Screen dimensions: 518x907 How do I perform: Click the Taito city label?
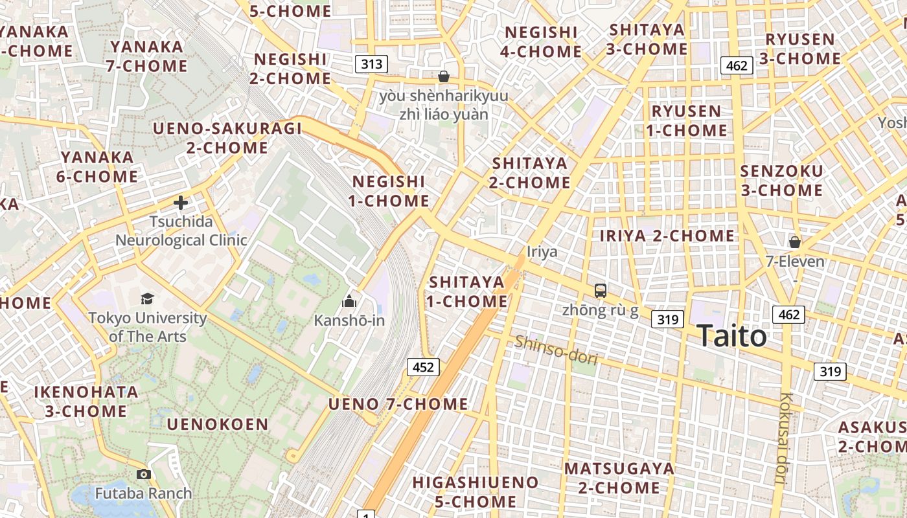[x=732, y=336]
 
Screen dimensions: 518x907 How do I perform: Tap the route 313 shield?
[x=371, y=64]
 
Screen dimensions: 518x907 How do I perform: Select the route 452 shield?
[x=423, y=367]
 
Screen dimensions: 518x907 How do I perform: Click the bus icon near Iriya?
[x=601, y=291]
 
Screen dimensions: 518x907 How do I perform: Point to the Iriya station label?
[x=542, y=251]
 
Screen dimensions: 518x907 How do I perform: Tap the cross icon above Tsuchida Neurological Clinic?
[x=181, y=203]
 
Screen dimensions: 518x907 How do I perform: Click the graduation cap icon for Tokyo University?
[x=148, y=298]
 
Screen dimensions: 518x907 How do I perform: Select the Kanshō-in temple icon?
[x=349, y=301]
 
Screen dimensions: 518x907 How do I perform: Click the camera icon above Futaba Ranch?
[x=144, y=475]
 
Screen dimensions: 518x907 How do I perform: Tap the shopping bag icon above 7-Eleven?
[x=794, y=242]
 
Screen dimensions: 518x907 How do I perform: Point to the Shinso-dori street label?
[x=556, y=350]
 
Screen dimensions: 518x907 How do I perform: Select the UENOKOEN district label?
[x=218, y=425]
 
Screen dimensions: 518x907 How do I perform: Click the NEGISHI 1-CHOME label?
[x=389, y=191]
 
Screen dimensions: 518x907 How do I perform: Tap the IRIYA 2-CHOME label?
[x=667, y=236]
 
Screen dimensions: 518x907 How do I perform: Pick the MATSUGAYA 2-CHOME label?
[x=619, y=478]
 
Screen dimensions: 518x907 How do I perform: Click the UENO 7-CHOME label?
[x=398, y=404]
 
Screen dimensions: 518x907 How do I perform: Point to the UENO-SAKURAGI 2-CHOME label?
[x=227, y=138]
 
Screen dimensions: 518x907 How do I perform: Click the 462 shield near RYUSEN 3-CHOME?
[x=737, y=65]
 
